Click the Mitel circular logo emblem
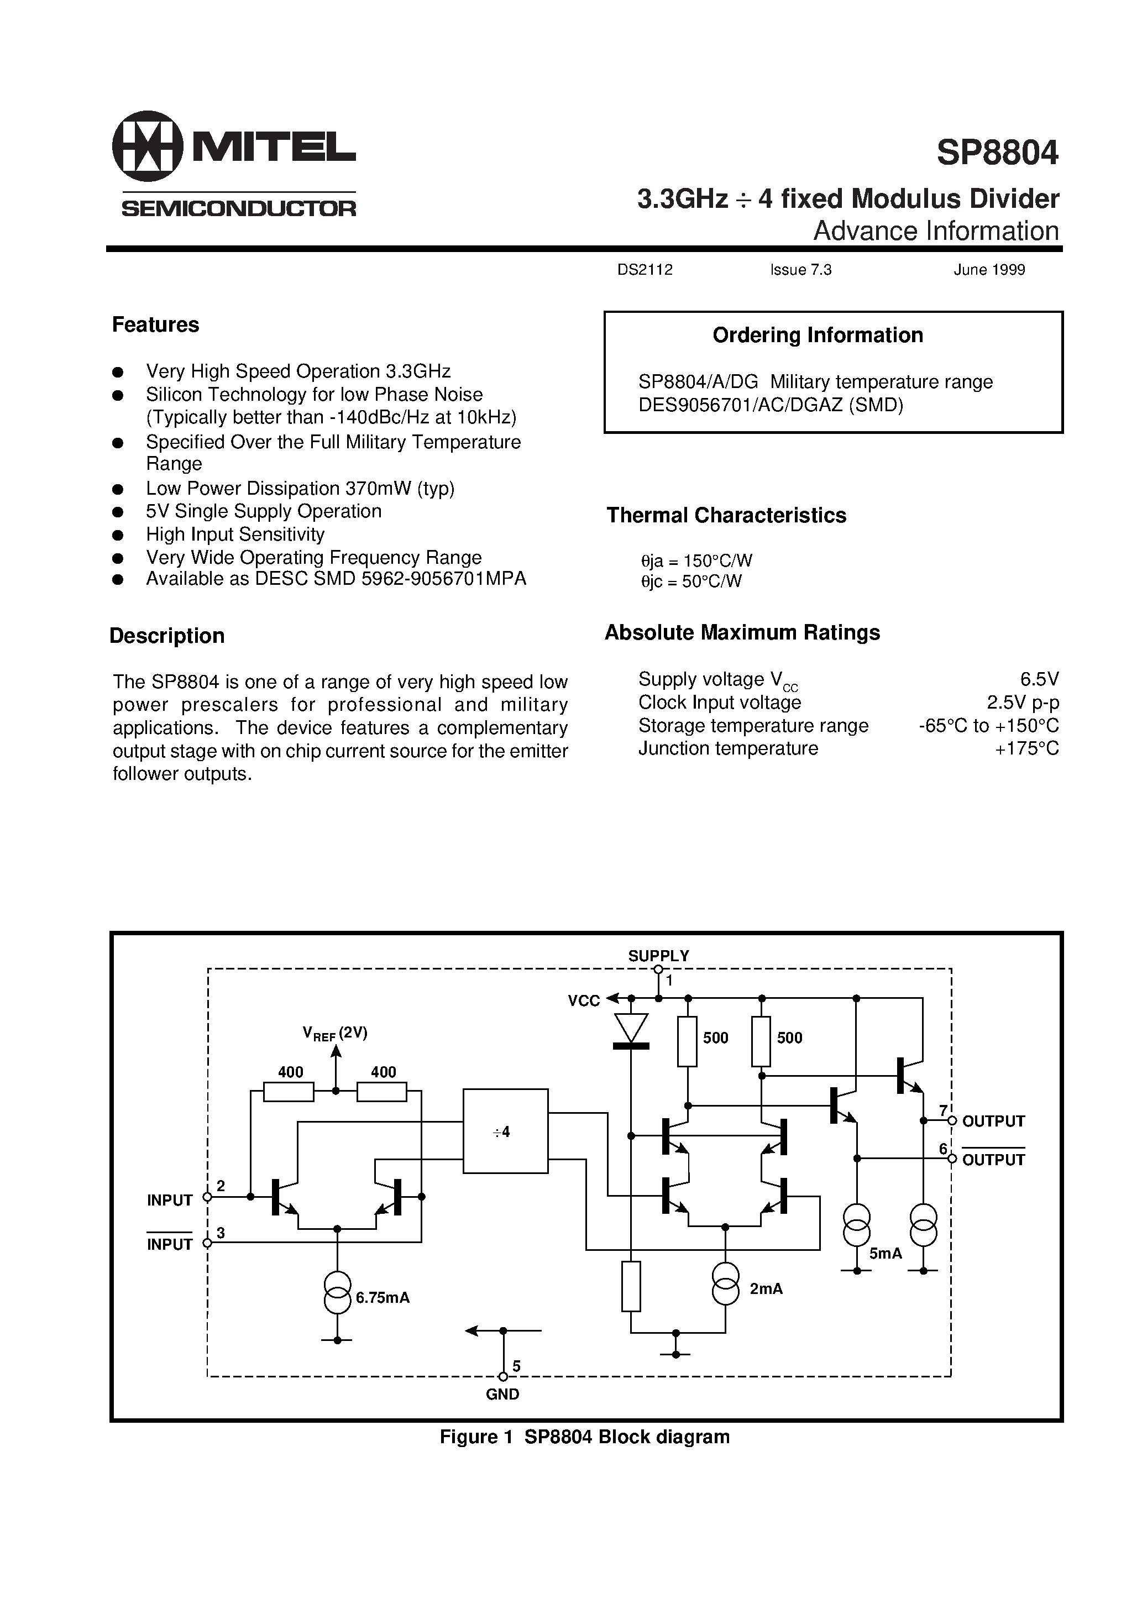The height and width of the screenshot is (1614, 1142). [147, 146]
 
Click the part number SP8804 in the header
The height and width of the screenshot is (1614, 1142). [997, 153]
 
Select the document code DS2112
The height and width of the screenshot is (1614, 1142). [645, 270]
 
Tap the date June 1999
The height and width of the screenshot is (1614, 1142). [989, 270]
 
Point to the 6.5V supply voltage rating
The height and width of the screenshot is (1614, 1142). [1039, 679]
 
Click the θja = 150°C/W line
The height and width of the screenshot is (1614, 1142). [696, 560]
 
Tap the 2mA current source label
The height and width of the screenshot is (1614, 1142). [766, 1288]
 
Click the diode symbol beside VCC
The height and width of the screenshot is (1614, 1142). [631, 1030]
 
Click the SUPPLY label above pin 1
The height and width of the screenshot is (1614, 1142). [658, 956]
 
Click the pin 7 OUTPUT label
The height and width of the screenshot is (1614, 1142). [993, 1121]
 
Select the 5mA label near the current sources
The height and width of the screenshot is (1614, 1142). [886, 1254]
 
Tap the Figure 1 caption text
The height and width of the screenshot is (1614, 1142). [584, 1437]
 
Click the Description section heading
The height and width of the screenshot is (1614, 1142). [167, 636]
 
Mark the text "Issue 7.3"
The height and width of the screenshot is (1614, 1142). [800, 270]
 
